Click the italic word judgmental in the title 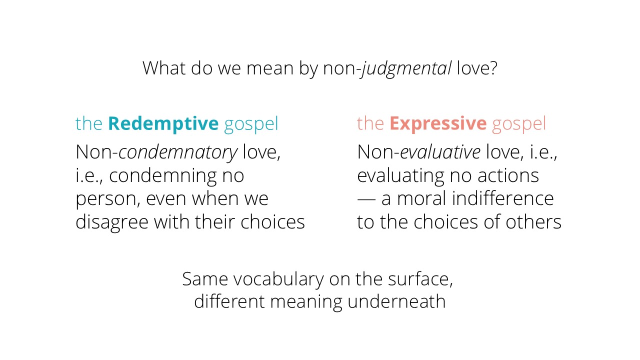coord(406,68)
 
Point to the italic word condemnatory coord(178,152)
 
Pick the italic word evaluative coord(440,152)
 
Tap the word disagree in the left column coord(112,222)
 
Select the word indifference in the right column coord(503,198)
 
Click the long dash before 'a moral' coord(366,199)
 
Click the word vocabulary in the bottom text coord(278,279)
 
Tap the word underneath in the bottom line coord(396,301)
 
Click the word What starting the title coord(164,68)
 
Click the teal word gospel coord(251,125)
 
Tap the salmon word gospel coord(519,125)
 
